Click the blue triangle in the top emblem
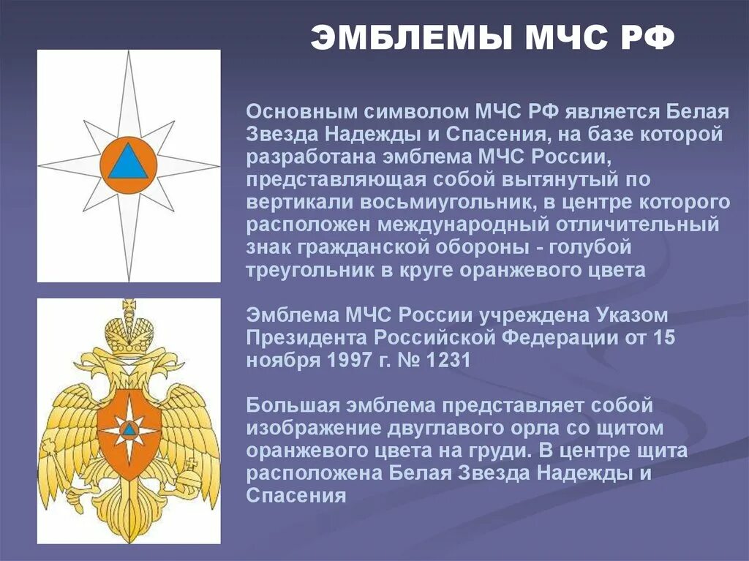(128, 162)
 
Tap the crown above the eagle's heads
(129, 328)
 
